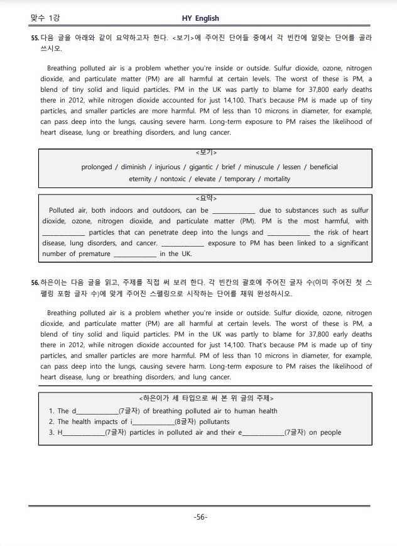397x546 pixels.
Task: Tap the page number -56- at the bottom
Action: coord(200,517)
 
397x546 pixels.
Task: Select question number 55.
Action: coord(35,38)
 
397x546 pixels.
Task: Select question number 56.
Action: coord(35,284)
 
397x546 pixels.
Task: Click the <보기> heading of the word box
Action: coord(207,152)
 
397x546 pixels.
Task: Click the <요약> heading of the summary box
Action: coord(207,198)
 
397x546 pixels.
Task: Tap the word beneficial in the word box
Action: coord(323,167)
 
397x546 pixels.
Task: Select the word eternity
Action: coord(140,179)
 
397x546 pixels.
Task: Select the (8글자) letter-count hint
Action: coord(185,421)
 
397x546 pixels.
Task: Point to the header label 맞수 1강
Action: coord(43,18)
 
